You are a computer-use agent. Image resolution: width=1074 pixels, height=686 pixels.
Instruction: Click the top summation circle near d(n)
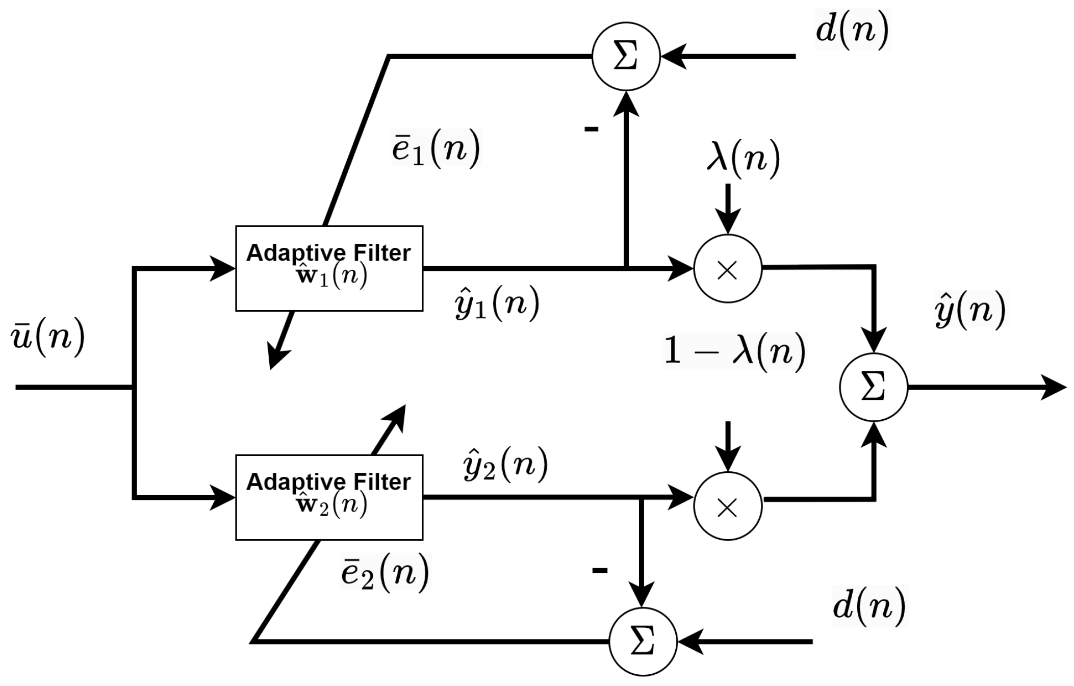[626, 56]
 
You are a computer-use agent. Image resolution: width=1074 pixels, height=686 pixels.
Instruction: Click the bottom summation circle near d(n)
[643, 641]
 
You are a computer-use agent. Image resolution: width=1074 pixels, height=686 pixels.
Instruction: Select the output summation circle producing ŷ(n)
[874, 387]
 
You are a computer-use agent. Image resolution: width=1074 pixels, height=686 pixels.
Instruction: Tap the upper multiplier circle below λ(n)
[727, 269]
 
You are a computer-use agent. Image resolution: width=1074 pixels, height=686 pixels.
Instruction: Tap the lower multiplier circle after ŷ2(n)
[727, 506]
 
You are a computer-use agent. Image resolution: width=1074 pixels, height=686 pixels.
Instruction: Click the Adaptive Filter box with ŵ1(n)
[329, 268]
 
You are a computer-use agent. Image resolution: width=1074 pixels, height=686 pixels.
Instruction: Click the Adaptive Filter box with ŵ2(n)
[329, 497]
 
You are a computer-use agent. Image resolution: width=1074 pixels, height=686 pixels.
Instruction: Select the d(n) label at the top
[852, 29]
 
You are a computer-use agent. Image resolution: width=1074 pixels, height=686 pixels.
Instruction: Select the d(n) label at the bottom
[869, 605]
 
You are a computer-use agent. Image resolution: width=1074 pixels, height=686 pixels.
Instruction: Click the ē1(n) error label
[436, 148]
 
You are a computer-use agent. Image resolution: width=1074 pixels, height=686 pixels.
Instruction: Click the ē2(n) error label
[386, 572]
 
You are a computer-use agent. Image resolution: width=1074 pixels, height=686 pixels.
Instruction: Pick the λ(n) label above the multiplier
[743, 158]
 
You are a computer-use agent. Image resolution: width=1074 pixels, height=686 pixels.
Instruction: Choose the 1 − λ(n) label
[734, 351]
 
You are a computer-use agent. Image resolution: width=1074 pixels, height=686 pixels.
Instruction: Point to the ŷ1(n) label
[497, 303]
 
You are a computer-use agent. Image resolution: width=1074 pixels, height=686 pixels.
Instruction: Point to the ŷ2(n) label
[505, 465]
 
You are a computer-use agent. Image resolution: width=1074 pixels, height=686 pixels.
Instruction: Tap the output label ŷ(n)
[970, 309]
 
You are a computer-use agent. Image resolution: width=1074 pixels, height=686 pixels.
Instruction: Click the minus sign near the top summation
[591, 129]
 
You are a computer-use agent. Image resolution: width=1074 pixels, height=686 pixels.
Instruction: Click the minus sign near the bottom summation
[600, 570]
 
